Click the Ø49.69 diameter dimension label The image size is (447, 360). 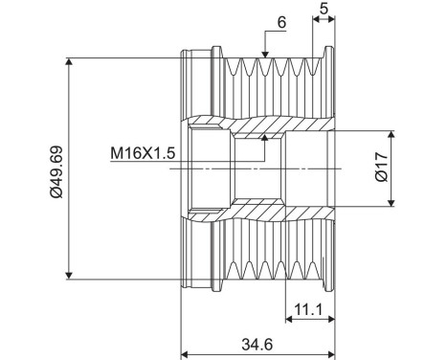click(x=56, y=171)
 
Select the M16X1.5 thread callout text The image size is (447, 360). click(x=143, y=153)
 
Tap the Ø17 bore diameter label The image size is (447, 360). click(x=382, y=167)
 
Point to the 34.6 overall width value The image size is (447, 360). click(x=257, y=345)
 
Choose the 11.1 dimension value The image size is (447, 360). click(x=308, y=309)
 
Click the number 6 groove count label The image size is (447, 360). click(x=281, y=22)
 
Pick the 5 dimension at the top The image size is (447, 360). click(x=324, y=9)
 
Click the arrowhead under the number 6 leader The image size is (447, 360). click(x=265, y=55)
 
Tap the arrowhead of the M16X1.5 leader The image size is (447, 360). click(x=264, y=138)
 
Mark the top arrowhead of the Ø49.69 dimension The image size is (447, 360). click(x=69, y=61)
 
